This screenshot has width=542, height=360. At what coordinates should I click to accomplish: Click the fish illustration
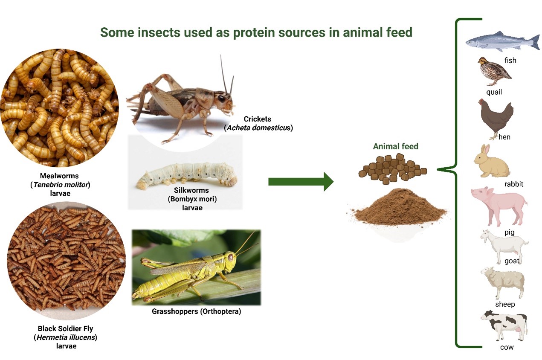[x=501, y=41]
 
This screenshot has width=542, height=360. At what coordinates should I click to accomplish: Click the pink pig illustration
[x=499, y=205]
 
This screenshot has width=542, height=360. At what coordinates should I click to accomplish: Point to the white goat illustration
[x=503, y=246]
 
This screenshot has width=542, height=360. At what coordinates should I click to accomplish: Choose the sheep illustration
[x=502, y=282]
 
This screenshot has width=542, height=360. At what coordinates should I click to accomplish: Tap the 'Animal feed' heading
[x=395, y=146]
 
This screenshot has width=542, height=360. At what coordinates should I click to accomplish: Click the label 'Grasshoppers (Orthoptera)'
[x=196, y=311]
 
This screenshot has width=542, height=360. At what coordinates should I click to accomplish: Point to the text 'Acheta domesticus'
[x=258, y=128]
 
